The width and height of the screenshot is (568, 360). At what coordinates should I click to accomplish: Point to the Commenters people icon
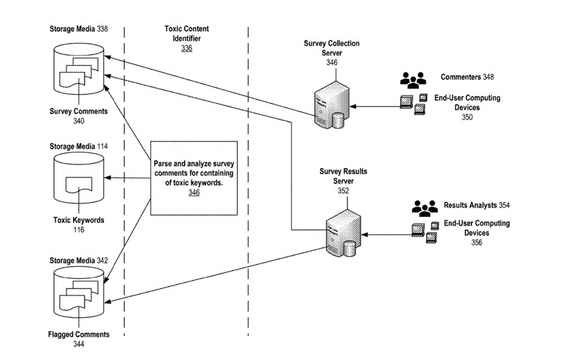(413, 79)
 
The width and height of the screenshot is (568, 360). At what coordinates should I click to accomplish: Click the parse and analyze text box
(193, 178)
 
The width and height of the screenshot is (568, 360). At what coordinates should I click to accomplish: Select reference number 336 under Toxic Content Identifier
(187, 48)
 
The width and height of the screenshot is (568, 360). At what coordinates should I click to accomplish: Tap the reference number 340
(79, 122)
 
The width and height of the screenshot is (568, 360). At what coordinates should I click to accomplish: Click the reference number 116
(79, 229)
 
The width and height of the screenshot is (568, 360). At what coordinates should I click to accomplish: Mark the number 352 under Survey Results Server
(343, 190)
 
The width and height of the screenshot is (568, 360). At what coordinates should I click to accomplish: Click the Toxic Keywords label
(79, 220)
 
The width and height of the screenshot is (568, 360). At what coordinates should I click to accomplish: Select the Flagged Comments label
(79, 334)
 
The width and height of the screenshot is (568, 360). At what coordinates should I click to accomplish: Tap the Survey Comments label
(79, 112)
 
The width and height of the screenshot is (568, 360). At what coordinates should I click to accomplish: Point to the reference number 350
(467, 117)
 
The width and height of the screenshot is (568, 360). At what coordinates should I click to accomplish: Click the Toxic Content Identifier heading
(187, 34)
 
